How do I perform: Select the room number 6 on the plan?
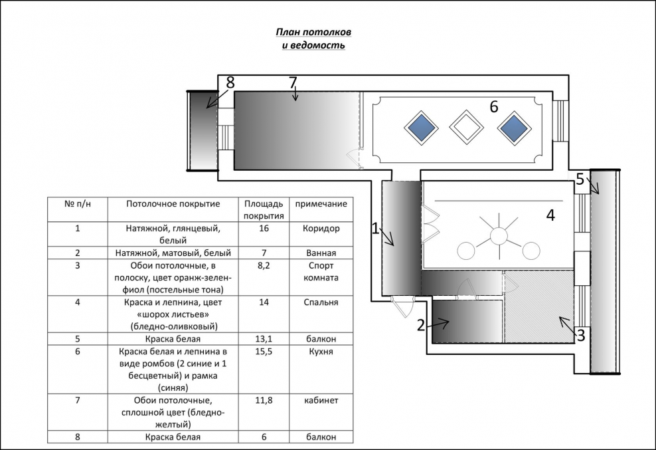[x=494, y=107]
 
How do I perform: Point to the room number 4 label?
[x=550, y=215]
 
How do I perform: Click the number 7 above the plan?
[x=293, y=82]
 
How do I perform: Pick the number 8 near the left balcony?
[x=230, y=82]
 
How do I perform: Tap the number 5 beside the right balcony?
[x=580, y=179]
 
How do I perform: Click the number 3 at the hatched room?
[x=580, y=335]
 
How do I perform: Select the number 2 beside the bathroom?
[x=420, y=325]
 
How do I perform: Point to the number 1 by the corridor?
[x=375, y=229]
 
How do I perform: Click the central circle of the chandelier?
[x=498, y=235]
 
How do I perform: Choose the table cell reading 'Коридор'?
[x=321, y=229]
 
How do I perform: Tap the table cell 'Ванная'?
[x=321, y=253]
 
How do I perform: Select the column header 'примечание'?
[x=321, y=203]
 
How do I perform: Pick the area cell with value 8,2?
[x=264, y=265]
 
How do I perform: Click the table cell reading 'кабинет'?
[x=321, y=400]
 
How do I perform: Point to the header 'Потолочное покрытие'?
[x=173, y=203]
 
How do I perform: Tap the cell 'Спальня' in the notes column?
[x=321, y=302]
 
